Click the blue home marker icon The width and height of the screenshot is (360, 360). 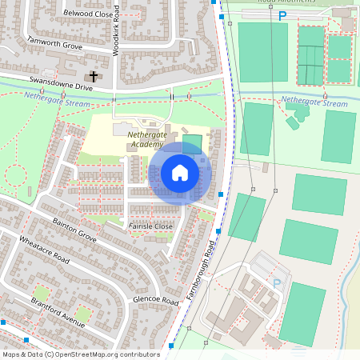point(180,173)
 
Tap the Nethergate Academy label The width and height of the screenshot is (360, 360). point(150,140)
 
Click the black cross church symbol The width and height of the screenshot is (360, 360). point(94,77)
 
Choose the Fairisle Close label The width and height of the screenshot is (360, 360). point(150,226)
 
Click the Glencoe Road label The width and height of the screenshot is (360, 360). point(155,301)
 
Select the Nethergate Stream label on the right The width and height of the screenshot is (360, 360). point(314,103)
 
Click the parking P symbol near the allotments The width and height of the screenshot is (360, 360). point(282,15)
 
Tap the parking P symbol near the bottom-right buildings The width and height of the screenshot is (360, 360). point(277,283)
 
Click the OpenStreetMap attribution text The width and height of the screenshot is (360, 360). point(80,354)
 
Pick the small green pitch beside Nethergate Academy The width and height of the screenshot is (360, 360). point(192,144)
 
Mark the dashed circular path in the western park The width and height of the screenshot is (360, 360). point(15,174)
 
